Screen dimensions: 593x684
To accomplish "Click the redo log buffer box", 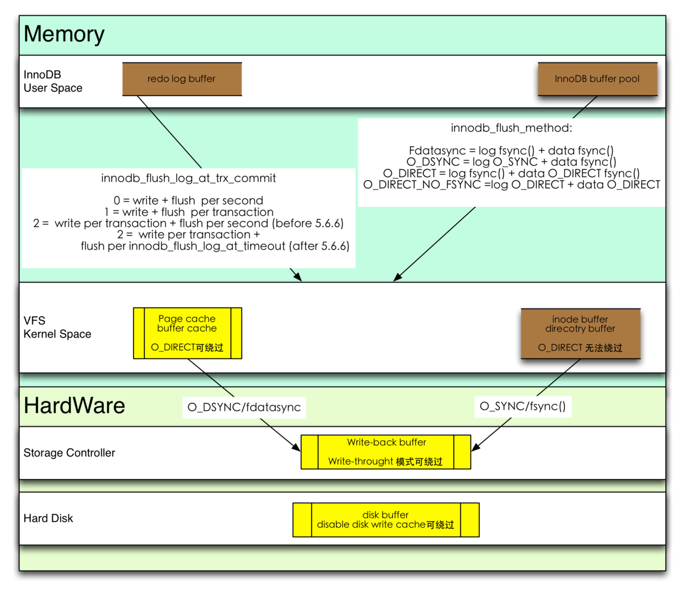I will (181, 79).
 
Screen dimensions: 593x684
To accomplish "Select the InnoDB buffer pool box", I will (597, 79).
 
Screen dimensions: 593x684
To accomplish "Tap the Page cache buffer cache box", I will (187, 333).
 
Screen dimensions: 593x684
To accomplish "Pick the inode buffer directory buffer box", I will (580, 334).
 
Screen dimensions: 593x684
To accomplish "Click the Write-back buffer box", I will (386, 452).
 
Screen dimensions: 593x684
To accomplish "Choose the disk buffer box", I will (386, 520).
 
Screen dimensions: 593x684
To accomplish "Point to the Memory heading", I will (64, 34).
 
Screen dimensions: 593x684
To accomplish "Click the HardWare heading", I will (74, 406).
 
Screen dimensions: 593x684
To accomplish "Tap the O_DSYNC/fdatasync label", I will (244, 407).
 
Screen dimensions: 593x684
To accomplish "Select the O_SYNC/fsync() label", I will (522, 406).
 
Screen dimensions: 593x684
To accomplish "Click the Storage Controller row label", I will (70, 453).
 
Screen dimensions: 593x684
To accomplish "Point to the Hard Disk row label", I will (49, 519).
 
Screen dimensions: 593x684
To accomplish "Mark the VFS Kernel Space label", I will (57, 327).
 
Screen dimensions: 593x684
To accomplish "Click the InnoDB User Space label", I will (53, 81).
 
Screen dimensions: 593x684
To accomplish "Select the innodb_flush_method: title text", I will (511, 128).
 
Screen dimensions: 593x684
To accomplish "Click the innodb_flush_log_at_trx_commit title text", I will (188, 178).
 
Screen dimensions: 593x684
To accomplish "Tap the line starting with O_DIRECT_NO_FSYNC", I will (511, 185).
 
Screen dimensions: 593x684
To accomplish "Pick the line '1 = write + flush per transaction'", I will (189, 212).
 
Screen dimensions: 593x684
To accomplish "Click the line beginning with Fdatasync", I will (511, 151).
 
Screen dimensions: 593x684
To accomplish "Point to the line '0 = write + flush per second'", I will (188, 200).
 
